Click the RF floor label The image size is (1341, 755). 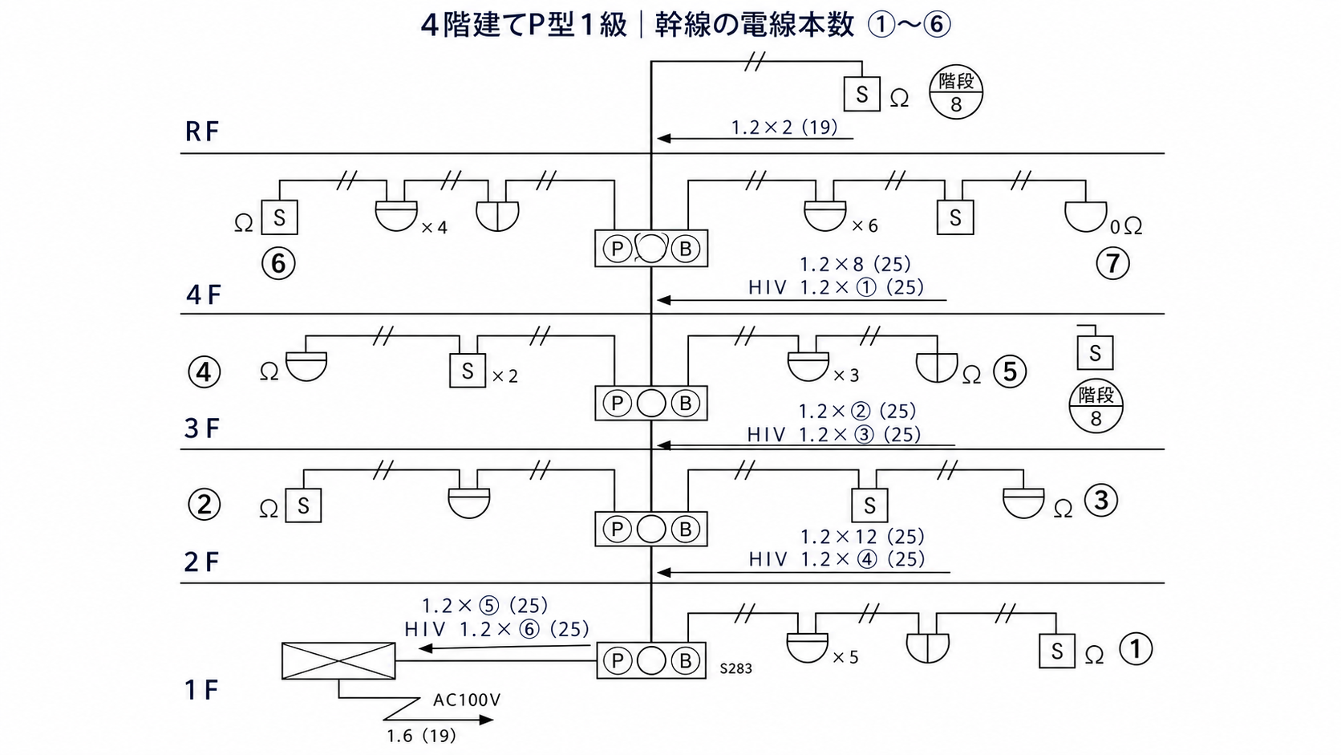click(x=202, y=132)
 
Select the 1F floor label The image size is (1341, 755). click(x=201, y=690)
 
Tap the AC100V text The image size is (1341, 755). click(x=466, y=700)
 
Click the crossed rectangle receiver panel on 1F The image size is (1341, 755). click(x=338, y=661)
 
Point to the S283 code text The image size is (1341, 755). click(x=735, y=668)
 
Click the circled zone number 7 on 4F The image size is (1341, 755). click(x=1112, y=263)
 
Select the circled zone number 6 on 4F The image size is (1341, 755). click(x=278, y=263)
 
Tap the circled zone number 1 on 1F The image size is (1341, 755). click(x=1136, y=649)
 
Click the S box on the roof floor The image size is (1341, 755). click(x=862, y=94)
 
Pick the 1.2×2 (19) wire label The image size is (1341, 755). click(x=784, y=128)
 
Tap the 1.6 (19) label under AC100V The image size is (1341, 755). click(x=421, y=736)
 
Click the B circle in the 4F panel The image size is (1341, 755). click(x=686, y=249)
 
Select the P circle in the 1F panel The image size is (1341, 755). click(x=618, y=661)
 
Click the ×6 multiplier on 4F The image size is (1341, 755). click(x=865, y=225)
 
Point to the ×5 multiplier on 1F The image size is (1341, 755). click(x=845, y=657)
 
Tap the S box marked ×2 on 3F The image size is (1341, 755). click(x=468, y=371)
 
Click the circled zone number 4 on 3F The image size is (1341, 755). click(x=205, y=371)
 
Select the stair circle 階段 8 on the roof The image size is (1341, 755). click(x=955, y=91)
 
